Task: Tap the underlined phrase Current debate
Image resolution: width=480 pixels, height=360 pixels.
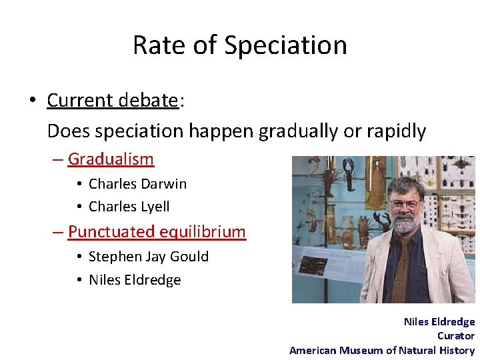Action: (112, 100)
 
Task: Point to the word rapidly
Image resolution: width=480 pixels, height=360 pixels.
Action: (394, 131)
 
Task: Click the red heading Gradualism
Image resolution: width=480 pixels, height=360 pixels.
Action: (111, 159)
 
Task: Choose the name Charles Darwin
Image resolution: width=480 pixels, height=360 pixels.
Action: (137, 183)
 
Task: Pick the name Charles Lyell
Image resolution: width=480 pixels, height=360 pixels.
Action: (129, 207)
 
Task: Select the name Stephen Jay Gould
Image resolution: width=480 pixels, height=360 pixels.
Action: (148, 257)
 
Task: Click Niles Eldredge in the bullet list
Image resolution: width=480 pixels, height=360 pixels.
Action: (135, 280)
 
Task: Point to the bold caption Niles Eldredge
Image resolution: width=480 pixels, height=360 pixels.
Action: (439, 321)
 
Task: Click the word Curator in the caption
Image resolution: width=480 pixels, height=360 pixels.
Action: (456, 336)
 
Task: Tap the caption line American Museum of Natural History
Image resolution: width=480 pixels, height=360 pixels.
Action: (382, 351)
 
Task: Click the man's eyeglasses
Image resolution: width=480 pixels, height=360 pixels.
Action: (406, 204)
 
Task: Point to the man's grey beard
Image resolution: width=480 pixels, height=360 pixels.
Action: (405, 225)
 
